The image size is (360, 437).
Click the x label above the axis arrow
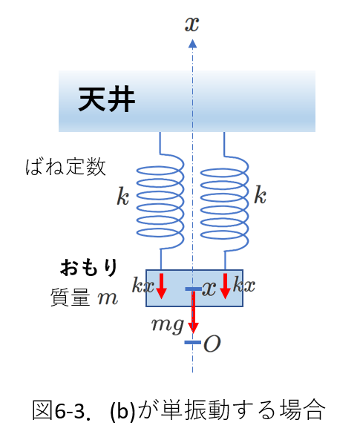[x=192, y=24]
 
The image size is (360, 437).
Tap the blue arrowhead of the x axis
[x=192, y=44]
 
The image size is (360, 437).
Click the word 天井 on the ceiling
[x=107, y=99]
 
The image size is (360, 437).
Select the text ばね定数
[x=66, y=167]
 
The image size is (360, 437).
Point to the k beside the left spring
[x=122, y=196]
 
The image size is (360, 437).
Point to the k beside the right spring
[x=260, y=194]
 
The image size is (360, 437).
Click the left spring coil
[x=160, y=200]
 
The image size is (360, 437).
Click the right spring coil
[x=224, y=201]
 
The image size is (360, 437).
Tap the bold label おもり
[x=89, y=267]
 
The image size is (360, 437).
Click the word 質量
[x=71, y=298]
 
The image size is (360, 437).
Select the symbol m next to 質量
[x=108, y=298]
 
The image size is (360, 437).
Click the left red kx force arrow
[x=161, y=286]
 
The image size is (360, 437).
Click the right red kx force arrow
[x=225, y=286]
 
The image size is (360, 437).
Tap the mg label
[x=168, y=325]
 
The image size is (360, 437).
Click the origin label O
[x=212, y=344]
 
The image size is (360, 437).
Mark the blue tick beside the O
[x=193, y=342]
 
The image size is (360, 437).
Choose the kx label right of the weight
[x=244, y=284]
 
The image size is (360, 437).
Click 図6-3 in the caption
[x=62, y=410]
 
